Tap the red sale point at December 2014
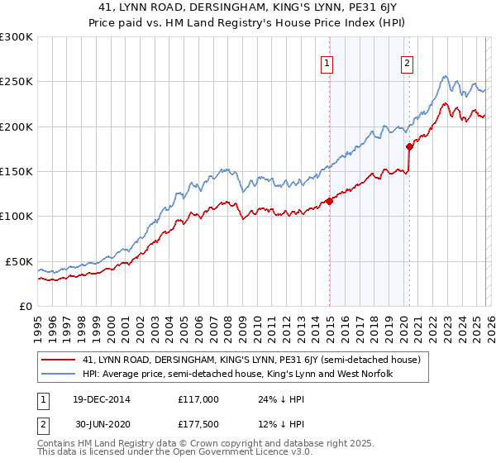329,201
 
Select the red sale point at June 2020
409,146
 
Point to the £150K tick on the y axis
17,172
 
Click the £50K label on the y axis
19,261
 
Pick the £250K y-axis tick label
17,82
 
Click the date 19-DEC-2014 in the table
96,399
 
